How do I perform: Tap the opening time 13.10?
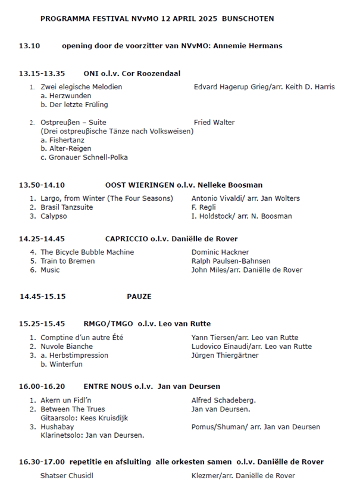[29, 46]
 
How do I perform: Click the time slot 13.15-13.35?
[42, 74]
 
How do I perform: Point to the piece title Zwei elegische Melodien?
[82, 87]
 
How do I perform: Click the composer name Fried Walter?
[214, 123]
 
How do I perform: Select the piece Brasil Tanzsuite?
[67, 207]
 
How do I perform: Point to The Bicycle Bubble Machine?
[87, 252]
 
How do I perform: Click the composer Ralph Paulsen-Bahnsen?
[231, 261]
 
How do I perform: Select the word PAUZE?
[139, 297]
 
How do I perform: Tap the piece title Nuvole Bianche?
[67, 347]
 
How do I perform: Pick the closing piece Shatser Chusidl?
[67, 476]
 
